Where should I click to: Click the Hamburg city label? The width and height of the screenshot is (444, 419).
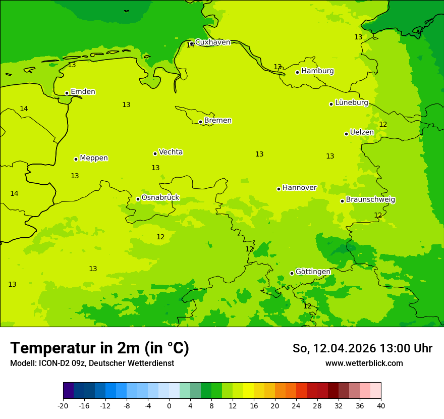tap(317, 71)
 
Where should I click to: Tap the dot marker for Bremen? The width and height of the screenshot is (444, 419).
tap(200, 122)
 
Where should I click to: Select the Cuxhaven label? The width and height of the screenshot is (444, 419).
tap(212, 42)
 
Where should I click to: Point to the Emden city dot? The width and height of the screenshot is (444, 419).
tap(67, 93)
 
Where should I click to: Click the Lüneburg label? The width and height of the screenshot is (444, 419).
tap(351, 102)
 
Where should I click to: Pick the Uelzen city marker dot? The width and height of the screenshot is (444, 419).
tap(346, 134)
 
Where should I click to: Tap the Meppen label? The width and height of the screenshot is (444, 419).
tap(93, 158)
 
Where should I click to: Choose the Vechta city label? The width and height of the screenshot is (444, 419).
tap(171, 152)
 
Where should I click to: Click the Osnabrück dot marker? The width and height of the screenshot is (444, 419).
tap(138, 199)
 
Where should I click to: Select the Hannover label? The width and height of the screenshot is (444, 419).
tap(299, 188)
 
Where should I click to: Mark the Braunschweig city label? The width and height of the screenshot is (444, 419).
tap(370, 200)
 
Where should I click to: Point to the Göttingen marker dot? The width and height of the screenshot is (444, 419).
tap(292, 273)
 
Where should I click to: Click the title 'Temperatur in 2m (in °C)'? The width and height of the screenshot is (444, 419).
tap(99, 348)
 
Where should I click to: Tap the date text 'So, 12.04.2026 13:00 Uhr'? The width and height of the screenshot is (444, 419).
tap(362, 348)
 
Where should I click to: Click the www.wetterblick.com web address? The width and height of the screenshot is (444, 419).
tap(364, 363)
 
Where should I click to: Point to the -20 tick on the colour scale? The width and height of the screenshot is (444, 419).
tap(63, 405)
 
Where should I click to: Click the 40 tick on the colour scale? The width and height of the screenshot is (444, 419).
tap(381, 405)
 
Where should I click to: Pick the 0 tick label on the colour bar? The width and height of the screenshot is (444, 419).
tap(169, 405)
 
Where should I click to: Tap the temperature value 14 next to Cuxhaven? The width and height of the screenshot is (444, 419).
tap(190, 45)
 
